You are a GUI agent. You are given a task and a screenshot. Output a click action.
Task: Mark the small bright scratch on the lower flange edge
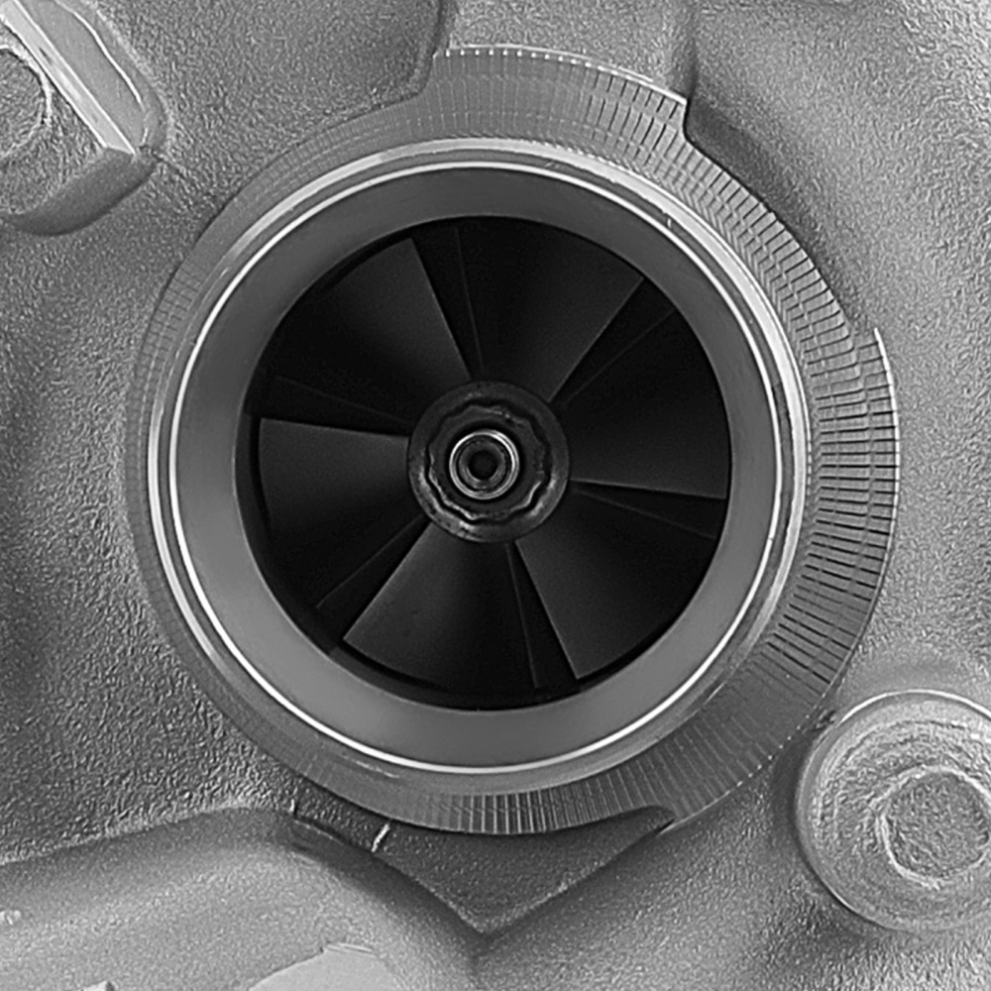pos(379,836)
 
